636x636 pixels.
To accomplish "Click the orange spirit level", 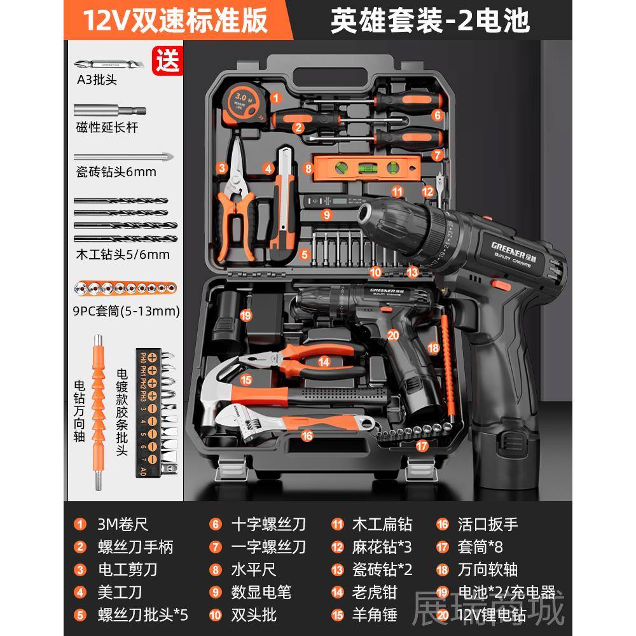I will [x=366, y=169].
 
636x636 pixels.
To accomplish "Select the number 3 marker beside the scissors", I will [x=222, y=168].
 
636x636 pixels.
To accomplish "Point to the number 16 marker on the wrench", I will [x=307, y=436].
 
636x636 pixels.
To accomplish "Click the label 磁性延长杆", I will [x=106, y=128].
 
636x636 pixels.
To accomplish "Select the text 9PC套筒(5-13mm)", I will [x=126, y=312].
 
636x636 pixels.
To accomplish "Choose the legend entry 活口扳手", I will [x=488, y=524].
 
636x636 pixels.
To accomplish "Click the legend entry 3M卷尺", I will [x=123, y=524].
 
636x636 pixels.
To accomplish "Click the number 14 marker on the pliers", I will [x=324, y=362].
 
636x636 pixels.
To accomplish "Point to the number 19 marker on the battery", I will [x=245, y=314].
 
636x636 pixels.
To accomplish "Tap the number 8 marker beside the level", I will [x=308, y=169].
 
